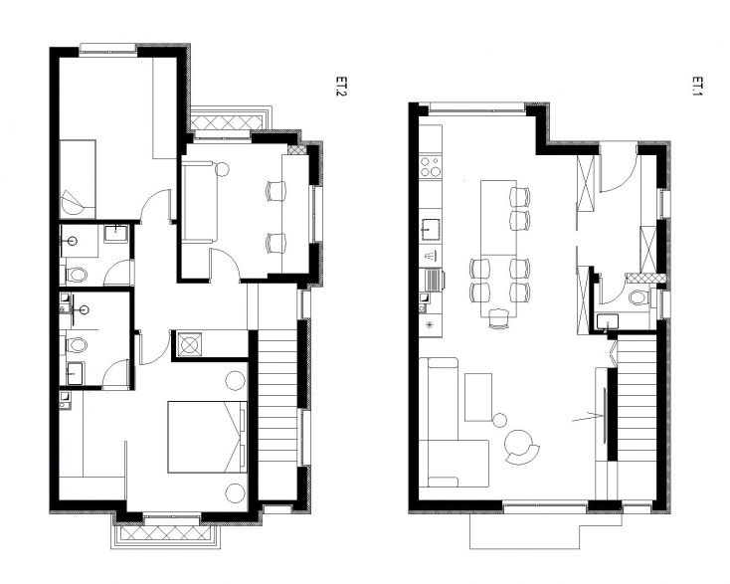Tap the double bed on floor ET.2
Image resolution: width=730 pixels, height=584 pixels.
pyautogui.click(x=205, y=436)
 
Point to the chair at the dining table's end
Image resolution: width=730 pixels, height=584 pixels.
pyautogui.click(x=498, y=317)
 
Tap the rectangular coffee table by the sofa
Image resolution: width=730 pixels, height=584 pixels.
pyautogui.click(x=478, y=396)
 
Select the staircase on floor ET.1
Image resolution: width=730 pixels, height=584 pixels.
pyautogui.click(x=637, y=398)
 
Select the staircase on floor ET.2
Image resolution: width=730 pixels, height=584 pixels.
pyautogui.click(x=277, y=398)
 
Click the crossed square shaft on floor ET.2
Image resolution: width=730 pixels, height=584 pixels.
pyautogui.click(x=189, y=345)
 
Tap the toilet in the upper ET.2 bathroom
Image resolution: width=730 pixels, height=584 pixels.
pyautogui.click(x=77, y=273)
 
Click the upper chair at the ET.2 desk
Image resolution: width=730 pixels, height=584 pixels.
pyautogui.click(x=275, y=191)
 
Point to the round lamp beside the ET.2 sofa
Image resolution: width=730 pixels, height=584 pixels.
pyautogui.click(x=223, y=168)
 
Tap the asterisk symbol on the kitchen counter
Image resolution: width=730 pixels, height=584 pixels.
pyautogui.click(x=430, y=324)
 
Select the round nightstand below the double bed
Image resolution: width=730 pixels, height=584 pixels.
pyautogui.click(x=235, y=490)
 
